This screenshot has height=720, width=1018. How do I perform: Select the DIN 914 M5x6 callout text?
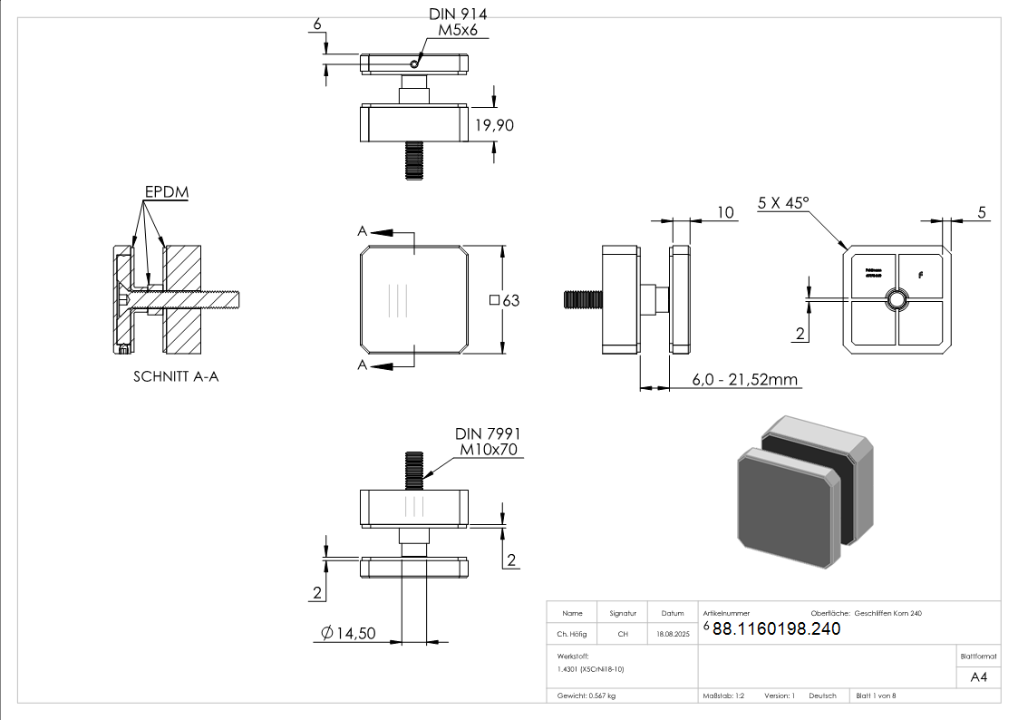(458, 23)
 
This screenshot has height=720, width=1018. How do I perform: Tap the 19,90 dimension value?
(494, 126)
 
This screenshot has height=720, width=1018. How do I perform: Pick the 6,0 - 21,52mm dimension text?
(745, 380)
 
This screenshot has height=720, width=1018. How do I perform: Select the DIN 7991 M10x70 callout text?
(490, 443)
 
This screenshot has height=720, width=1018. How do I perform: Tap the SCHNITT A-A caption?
(176, 376)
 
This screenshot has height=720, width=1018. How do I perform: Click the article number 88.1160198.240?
(776, 629)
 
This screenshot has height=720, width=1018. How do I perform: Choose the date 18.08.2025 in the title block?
(673, 635)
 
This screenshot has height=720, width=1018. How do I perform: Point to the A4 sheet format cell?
(979, 677)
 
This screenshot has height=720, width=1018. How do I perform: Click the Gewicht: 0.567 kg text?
(586, 696)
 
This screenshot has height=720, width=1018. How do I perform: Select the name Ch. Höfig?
(572, 635)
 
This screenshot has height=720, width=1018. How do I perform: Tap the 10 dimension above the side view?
(724, 212)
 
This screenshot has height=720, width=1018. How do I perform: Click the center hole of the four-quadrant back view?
(897, 299)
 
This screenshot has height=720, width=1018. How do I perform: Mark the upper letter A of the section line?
(363, 232)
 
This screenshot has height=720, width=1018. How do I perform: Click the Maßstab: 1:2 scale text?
(723, 696)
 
